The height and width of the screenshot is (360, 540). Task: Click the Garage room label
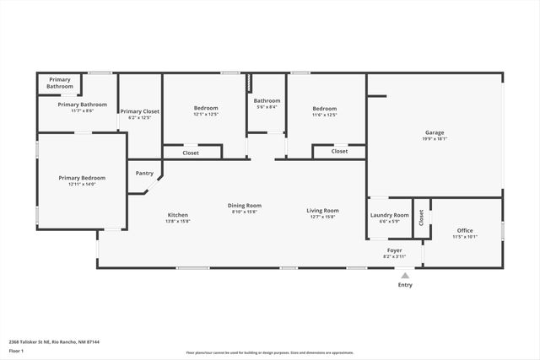435,133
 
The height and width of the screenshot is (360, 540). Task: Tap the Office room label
465,230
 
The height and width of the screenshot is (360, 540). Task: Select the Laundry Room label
389,215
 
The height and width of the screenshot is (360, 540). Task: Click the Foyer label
394,250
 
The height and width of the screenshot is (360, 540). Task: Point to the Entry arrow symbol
405,275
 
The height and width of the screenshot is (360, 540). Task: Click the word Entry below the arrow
405,285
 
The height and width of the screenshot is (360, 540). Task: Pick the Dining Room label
245,206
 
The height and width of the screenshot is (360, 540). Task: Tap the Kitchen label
178,215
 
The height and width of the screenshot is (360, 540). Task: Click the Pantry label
144,174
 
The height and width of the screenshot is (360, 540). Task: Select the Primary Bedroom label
82,178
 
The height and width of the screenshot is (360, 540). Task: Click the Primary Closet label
139,111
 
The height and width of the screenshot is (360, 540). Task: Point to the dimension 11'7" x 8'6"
82,110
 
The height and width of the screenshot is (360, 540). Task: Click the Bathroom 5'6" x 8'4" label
267,101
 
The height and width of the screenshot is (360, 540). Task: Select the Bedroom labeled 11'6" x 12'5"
325,109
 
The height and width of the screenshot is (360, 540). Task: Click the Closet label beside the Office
422,217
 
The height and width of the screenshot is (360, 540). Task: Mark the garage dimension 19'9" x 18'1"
435,139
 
